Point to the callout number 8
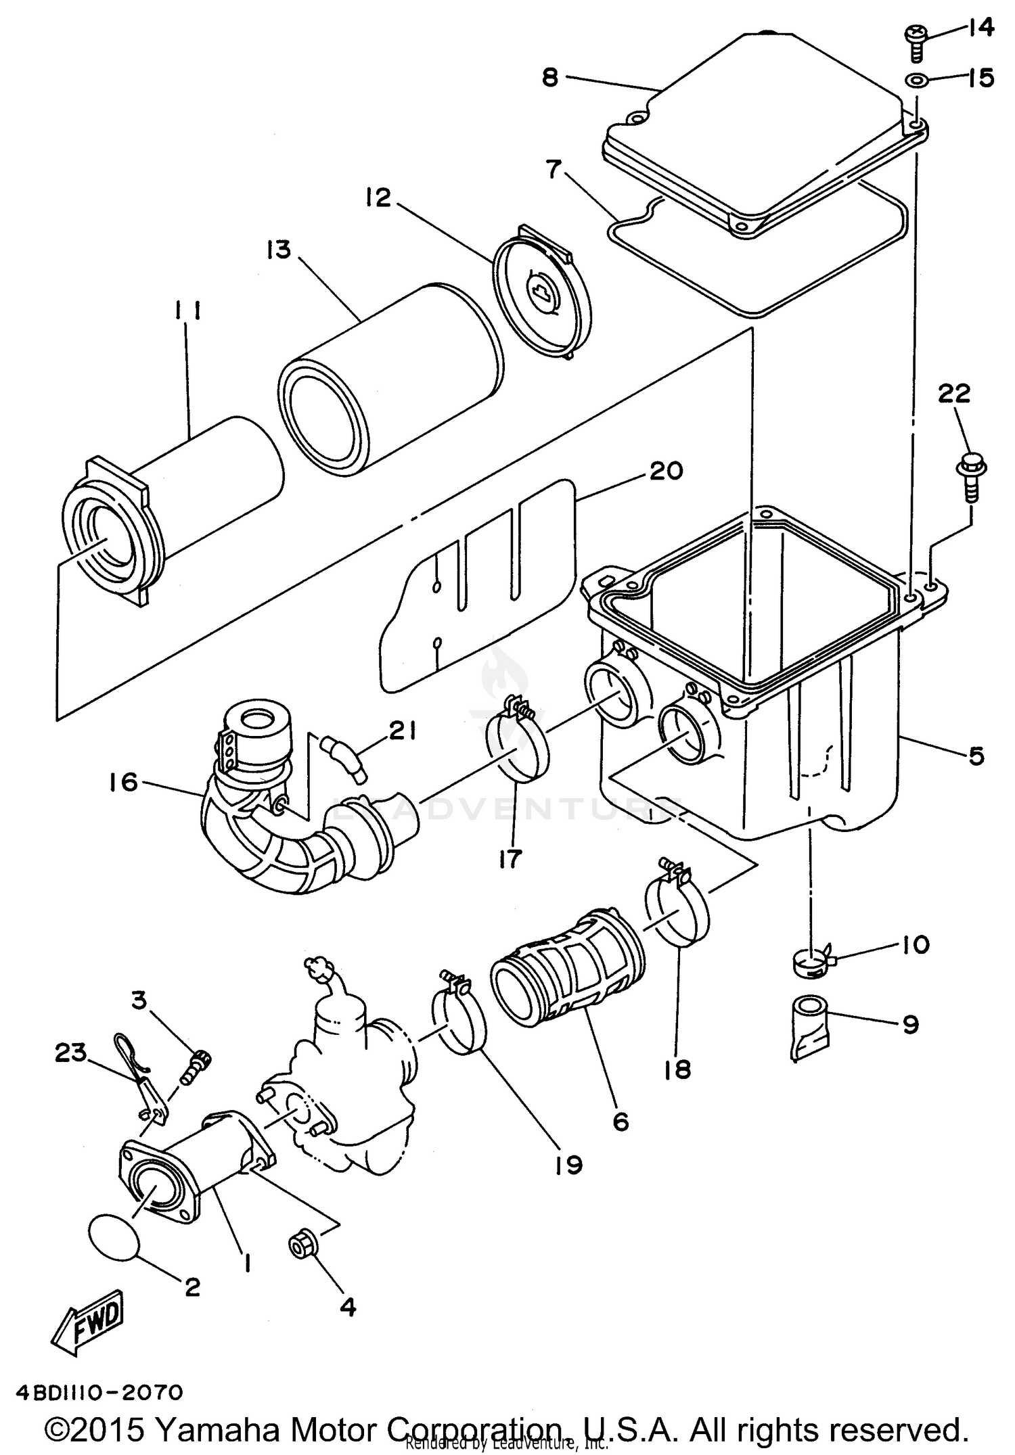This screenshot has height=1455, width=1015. coord(550,77)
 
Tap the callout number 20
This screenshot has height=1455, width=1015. coord(666,470)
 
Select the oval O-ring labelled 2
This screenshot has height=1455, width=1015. coord(114,1237)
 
